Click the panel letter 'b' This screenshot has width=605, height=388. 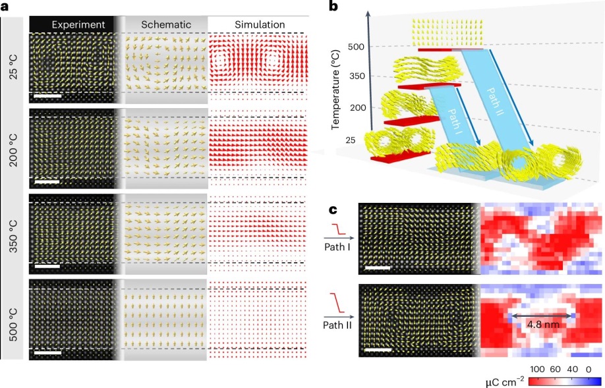333,8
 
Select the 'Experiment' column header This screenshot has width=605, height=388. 78,25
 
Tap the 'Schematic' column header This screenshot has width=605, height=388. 166,25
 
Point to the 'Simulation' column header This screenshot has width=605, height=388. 260,25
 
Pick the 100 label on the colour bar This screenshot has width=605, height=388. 538,370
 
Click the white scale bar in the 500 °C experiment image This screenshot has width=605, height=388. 47,353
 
